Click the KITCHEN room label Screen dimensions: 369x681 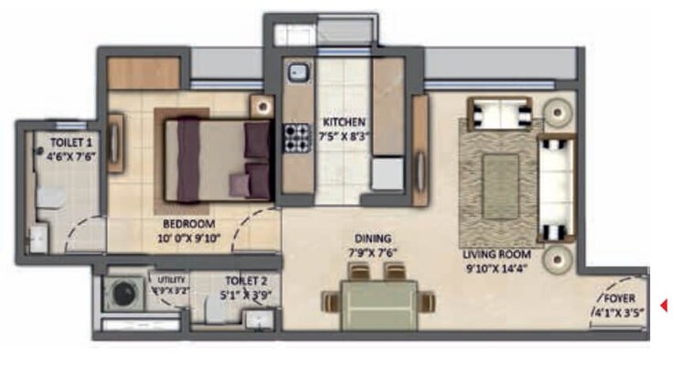tap(343, 121)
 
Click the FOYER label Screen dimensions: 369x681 tap(619, 298)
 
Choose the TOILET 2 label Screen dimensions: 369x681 tap(244, 281)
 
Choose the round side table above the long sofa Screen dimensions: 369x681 tap(558, 111)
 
